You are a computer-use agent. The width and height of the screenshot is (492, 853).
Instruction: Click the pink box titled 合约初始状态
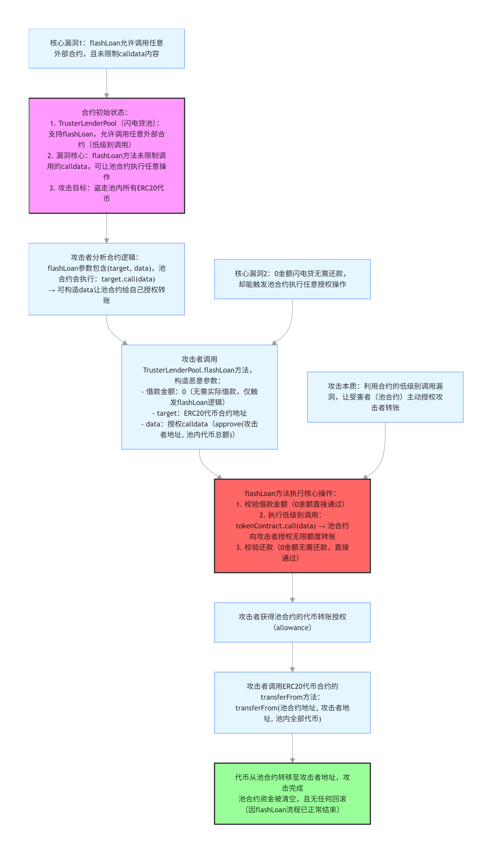pos(106,156)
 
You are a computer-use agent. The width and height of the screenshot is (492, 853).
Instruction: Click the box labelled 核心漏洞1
pos(106,48)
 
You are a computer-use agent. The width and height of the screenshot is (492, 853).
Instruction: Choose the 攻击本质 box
pos(385,397)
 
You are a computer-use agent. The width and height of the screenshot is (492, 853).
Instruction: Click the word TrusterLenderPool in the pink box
pos(87,123)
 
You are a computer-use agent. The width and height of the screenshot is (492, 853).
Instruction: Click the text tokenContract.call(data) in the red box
pos(275,526)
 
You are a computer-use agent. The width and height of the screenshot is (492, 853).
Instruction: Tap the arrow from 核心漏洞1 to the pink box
pos(106,83)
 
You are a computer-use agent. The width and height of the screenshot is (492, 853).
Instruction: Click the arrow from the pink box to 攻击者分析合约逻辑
pos(106,228)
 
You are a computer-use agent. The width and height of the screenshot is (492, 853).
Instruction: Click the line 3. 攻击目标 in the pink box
pos(106,188)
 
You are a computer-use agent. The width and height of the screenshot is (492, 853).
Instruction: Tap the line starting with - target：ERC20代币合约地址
pos(199,413)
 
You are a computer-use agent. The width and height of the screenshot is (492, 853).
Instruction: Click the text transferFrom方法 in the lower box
pos(290,697)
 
